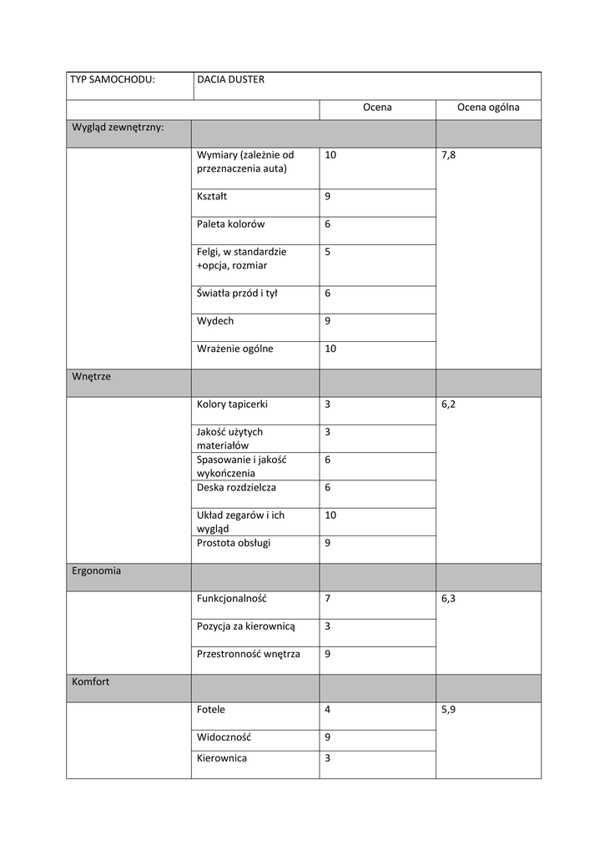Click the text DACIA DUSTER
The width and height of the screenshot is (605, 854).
(x=230, y=80)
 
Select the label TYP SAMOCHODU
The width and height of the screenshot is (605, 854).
(x=113, y=80)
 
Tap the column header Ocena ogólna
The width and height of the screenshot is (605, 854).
(x=488, y=108)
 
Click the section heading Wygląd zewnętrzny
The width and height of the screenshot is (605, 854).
(x=118, y=128)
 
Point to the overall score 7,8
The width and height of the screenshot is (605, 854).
(x=449, y=156)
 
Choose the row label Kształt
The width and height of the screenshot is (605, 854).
(x=212, y=197)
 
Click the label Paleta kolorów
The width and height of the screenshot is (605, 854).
(x=231, y=224)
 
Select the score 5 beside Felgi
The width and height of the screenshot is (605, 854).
(x=328, y=252)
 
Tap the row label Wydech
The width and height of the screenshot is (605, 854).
(x=215, y=321)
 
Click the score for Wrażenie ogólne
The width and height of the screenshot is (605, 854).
(x=331, y=349)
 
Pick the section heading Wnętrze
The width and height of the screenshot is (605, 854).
(x=92, y=377)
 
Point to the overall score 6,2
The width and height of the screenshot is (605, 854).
(x=449, y=404)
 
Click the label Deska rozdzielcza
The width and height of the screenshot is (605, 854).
(x=236, y=487)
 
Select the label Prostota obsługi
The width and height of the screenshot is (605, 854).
(x=234, y=543)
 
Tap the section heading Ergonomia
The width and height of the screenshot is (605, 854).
(x=97, y=571)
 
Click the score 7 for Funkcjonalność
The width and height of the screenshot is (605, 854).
(x=328, y=599)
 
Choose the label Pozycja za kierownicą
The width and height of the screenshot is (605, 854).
(x=246, y=626)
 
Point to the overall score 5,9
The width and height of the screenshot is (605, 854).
(x=449, y=710)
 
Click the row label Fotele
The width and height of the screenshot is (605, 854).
(x=211, y=710)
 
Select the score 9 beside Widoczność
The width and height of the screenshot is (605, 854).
(x=328, y=737)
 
